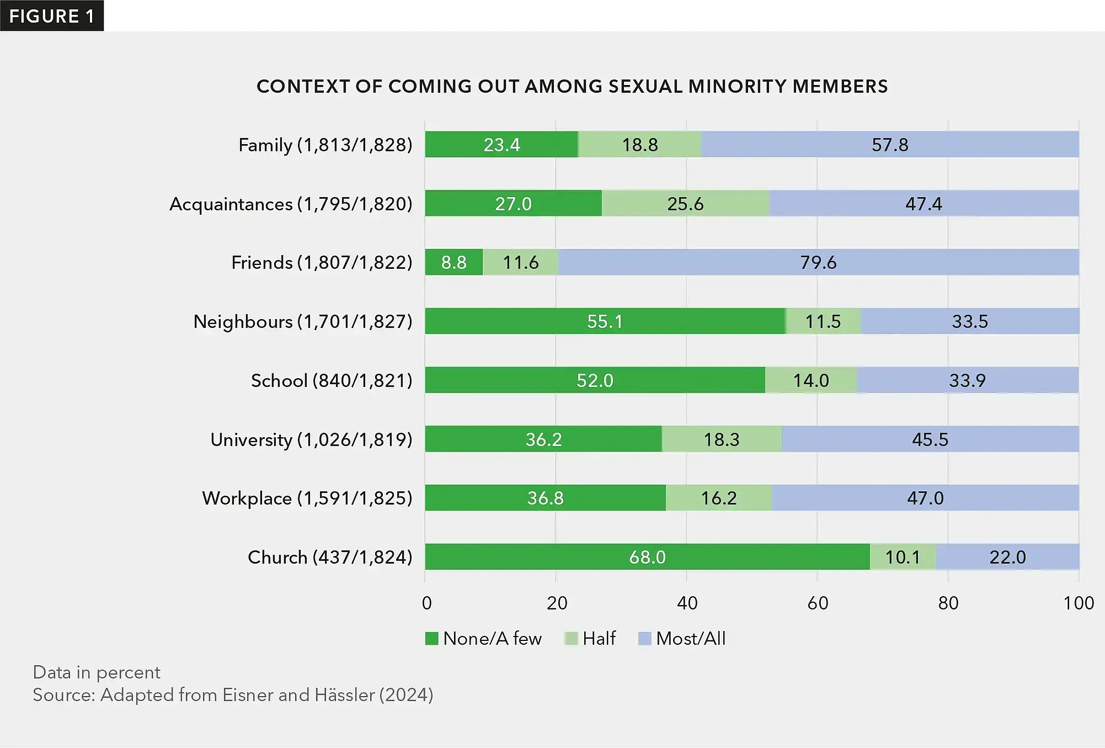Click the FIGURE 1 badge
(x=51, y=16)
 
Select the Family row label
(x=325, y=145)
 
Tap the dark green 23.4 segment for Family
(x=501, y=145)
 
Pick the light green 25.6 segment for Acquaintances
(x=685, y=204)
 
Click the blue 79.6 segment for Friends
(x=818, y=262)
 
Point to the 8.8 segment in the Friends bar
(x=453, y=262)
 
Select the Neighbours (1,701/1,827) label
(x=303, y=321)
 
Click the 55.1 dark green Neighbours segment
(x=605, y=321)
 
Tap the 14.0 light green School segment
(x=811, y=380)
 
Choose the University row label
(x=311, y=439)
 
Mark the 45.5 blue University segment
(x=930, y=439)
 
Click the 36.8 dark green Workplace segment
(x=545, y=498)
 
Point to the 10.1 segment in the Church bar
(x=903, y=557)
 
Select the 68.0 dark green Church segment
(x=647, y=557)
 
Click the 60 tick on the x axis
(x=818, y=603)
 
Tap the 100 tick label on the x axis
(x=1079, y=603)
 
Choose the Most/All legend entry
(x=682, y=639)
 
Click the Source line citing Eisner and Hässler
(x=233, y=695)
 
